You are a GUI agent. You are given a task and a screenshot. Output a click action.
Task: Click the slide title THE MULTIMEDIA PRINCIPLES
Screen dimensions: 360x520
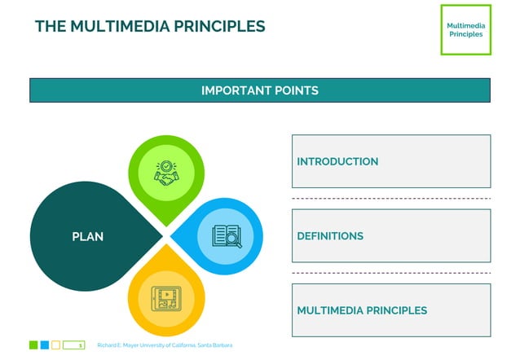coord(150,26)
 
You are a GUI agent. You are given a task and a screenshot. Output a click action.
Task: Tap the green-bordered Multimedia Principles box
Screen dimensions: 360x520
coord(465,30)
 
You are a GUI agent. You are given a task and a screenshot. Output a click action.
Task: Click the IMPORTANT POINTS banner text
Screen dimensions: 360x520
coord(259,90)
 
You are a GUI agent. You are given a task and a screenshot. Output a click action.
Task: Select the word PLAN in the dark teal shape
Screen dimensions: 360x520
coord(87,237)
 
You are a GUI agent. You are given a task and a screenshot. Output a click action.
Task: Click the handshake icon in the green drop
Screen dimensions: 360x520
coord(167,172)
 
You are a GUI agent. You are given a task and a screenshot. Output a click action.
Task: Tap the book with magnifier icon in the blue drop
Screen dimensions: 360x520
coord(226,236)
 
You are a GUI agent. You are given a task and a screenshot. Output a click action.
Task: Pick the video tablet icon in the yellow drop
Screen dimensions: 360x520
coord(166,297)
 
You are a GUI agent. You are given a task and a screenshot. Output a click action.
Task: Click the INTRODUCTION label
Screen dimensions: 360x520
coord(337,162)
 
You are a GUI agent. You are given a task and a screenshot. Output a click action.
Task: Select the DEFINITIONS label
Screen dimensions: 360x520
coord(330,236)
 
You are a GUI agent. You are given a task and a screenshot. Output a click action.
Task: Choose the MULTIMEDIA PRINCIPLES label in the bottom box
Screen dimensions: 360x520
coord(362,310)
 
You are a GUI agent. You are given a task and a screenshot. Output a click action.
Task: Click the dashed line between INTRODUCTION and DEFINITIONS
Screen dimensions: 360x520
coord(390,199)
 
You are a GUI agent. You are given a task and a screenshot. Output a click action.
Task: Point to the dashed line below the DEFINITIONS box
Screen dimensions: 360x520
coord(390,273)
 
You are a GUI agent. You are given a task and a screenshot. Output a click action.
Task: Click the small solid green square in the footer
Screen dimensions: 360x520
coord(33,345)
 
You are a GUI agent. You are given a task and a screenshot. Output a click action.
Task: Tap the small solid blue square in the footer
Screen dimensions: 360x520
coord(45,345)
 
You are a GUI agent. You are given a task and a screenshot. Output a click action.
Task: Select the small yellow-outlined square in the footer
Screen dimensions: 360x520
coord(55,345)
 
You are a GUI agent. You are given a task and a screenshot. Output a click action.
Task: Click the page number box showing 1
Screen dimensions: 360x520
coord(74,345)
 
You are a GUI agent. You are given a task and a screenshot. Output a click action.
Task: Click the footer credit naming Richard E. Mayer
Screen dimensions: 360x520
coord(165,345)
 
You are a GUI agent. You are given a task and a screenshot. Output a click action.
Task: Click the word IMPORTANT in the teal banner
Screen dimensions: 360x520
coord(231,90)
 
